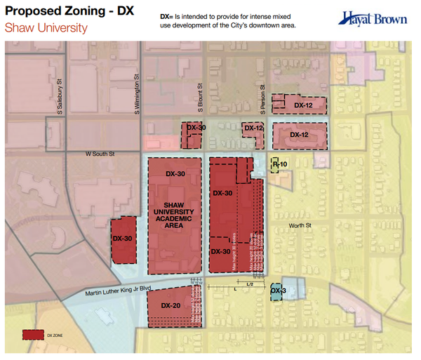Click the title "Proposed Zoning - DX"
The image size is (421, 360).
coord(69,13)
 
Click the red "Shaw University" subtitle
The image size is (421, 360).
coord(46,29)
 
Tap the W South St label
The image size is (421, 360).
coord(100,153)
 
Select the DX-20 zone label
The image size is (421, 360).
coord(171,306)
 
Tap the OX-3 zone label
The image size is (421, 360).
coord(277,290)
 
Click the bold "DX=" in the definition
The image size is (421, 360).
coord(167,15)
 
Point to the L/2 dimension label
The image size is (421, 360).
coord(249,284)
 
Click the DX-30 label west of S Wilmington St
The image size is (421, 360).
coord(123,239)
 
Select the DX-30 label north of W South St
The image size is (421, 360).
coord(196,128)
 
